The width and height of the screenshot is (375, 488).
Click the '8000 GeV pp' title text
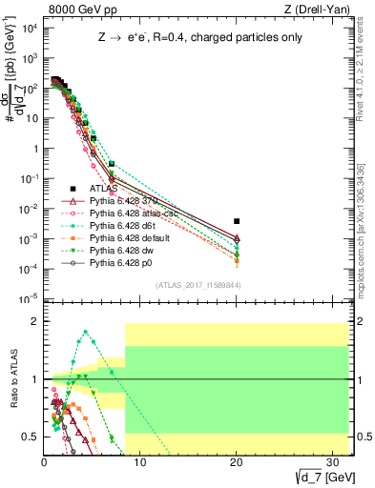click(76, 10)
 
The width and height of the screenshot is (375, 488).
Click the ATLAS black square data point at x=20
click(237, 221)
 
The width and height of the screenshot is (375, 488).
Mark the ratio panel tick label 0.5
click(31, 437)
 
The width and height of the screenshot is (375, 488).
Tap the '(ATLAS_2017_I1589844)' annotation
click(198, 285)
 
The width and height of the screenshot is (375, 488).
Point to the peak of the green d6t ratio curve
click(86, 333)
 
